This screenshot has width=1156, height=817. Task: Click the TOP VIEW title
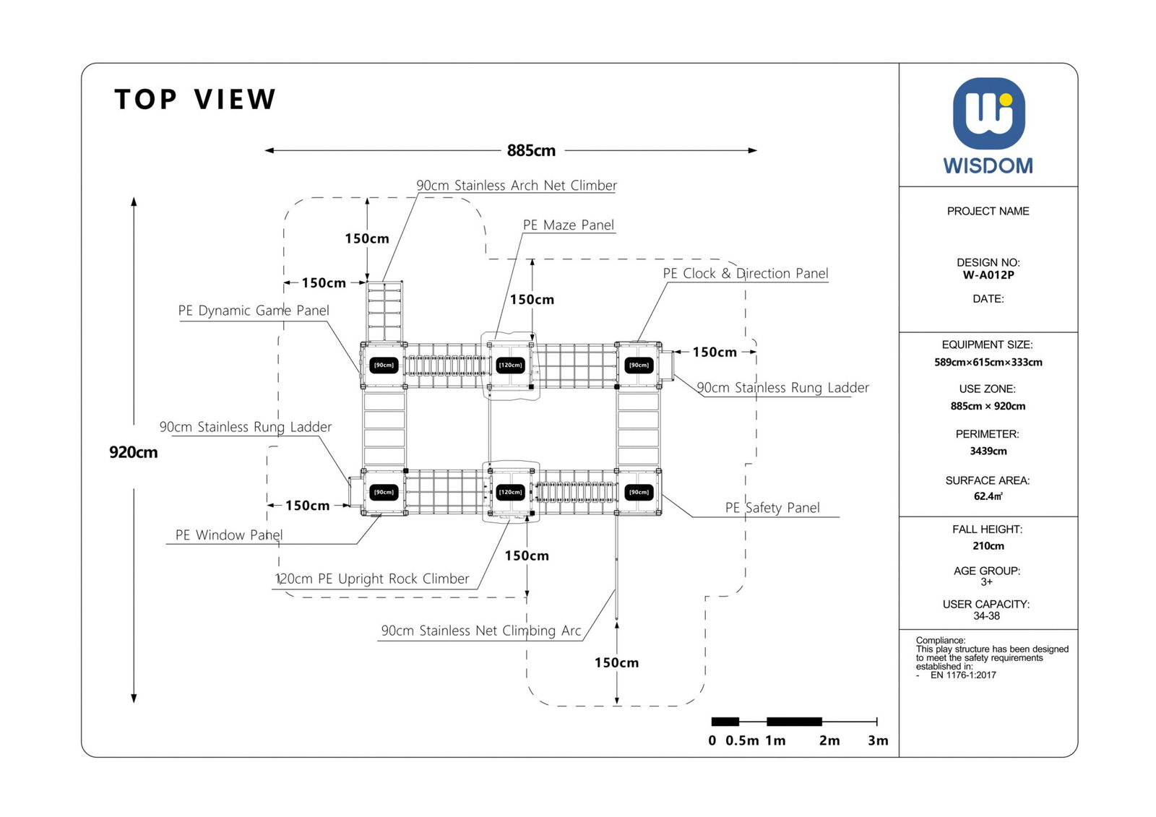click(x=195, y=100)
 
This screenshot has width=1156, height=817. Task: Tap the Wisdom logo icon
click(x=988, y=113)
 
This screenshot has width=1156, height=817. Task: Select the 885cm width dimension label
click(x=531, y=150)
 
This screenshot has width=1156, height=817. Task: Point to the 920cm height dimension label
click(x=133, y=452)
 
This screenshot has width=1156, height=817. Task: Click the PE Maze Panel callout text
click(x=569, y=225)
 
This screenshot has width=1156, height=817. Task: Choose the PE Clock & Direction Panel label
click(x=745, y=273)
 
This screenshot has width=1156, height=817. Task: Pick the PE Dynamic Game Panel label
click(x=254, y=311)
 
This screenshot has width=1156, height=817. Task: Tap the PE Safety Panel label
click(x=772, y=508)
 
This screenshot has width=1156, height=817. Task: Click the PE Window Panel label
click(x=229, y=535)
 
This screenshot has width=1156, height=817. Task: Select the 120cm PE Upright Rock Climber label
click(x=372, y=579)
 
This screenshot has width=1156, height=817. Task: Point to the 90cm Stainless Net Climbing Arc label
click(x=481, y=631)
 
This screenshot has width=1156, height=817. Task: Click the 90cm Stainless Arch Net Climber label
click(x=517, y=186)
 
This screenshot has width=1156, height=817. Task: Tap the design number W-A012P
click(x=988, y=275)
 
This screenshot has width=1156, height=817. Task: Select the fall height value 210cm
click(x=988, y=546)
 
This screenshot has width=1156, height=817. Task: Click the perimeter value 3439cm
click(x=988, y=451)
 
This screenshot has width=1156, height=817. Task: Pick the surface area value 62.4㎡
click(x=988, y=496)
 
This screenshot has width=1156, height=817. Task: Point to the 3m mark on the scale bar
click(x=878, y=740)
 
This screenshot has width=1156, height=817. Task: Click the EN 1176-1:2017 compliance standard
click(x=962, y=675)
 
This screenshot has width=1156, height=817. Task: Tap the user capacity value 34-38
click(x=986, y=616)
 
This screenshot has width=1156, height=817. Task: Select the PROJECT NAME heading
click(x=988, y=211)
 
